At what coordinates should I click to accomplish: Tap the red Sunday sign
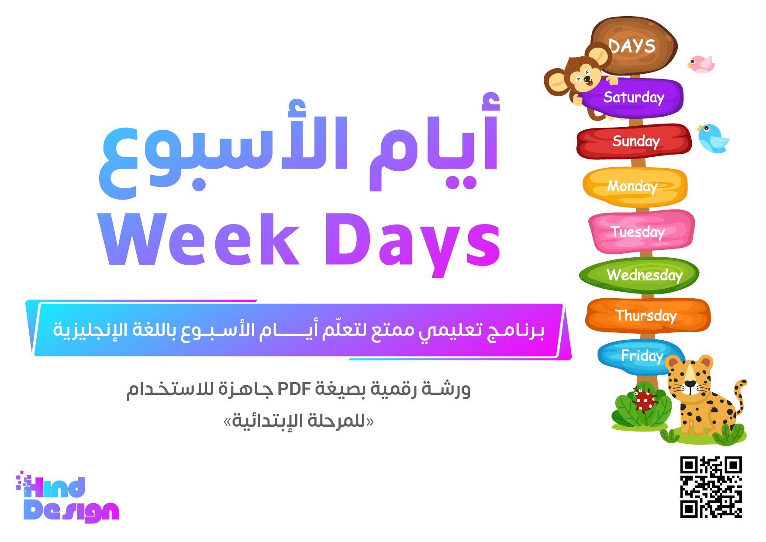634,141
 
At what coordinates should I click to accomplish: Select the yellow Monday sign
635,186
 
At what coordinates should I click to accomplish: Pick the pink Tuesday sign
641,231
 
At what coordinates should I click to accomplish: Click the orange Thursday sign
648,315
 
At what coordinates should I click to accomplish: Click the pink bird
701,64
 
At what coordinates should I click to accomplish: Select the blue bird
712,138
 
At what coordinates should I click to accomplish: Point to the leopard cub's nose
690,384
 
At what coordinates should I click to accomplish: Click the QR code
711,487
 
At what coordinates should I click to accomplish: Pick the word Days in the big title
413,245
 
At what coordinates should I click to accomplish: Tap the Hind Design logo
67,497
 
